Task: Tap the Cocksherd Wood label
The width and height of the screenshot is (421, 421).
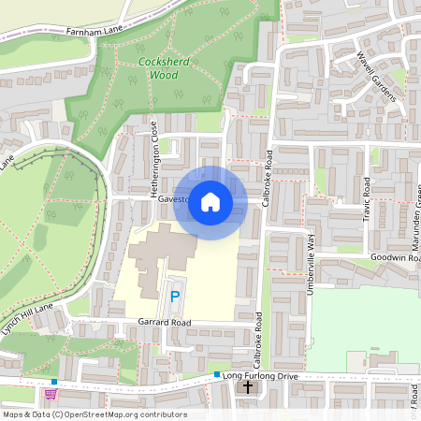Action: pos(156,68)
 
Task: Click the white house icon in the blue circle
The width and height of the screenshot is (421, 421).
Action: pos(210,202)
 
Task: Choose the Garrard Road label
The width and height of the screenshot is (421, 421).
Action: pos(165,322)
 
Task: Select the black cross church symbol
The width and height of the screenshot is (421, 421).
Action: pos(249,386)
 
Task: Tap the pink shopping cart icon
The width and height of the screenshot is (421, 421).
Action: pos(64,394)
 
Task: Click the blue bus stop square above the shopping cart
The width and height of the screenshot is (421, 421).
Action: pos(55,382)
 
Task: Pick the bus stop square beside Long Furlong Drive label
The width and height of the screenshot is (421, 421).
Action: pos(217,374)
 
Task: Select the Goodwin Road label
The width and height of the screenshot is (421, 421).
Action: pos(394,256)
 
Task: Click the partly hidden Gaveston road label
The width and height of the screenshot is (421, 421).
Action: pos(174,199)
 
